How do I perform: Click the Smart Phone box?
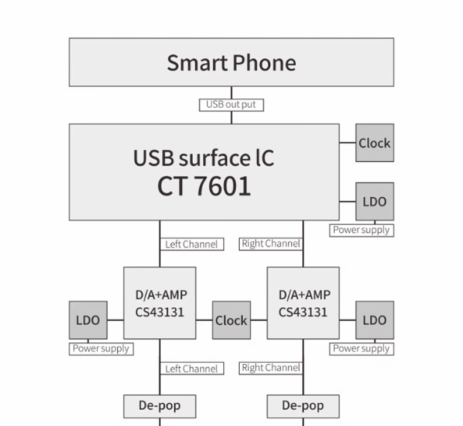coord(231,62)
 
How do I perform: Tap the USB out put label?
coord(231,105)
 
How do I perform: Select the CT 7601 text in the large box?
coord(204,186)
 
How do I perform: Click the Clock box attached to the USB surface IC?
coord(375,143)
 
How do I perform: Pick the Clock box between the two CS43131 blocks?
coord(231,320)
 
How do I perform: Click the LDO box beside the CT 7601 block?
coord(375,202)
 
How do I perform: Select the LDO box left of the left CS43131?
coord(88,320)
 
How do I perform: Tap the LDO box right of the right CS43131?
coord(375,320)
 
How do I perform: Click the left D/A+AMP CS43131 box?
coord(159,303)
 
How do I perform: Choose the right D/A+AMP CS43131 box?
coord(303,303)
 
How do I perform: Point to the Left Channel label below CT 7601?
coord(191,244)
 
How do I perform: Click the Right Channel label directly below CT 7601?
coord(271,243)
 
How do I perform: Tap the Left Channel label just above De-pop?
coord(191,369)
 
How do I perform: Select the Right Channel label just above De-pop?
coord(271,368)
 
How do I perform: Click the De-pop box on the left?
coord(159,406)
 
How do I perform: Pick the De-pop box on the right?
coord(303,406)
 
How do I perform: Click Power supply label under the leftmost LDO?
coord(101,349)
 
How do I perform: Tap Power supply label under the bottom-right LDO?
coord(361,349)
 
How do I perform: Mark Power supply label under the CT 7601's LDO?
coord(361,230)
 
